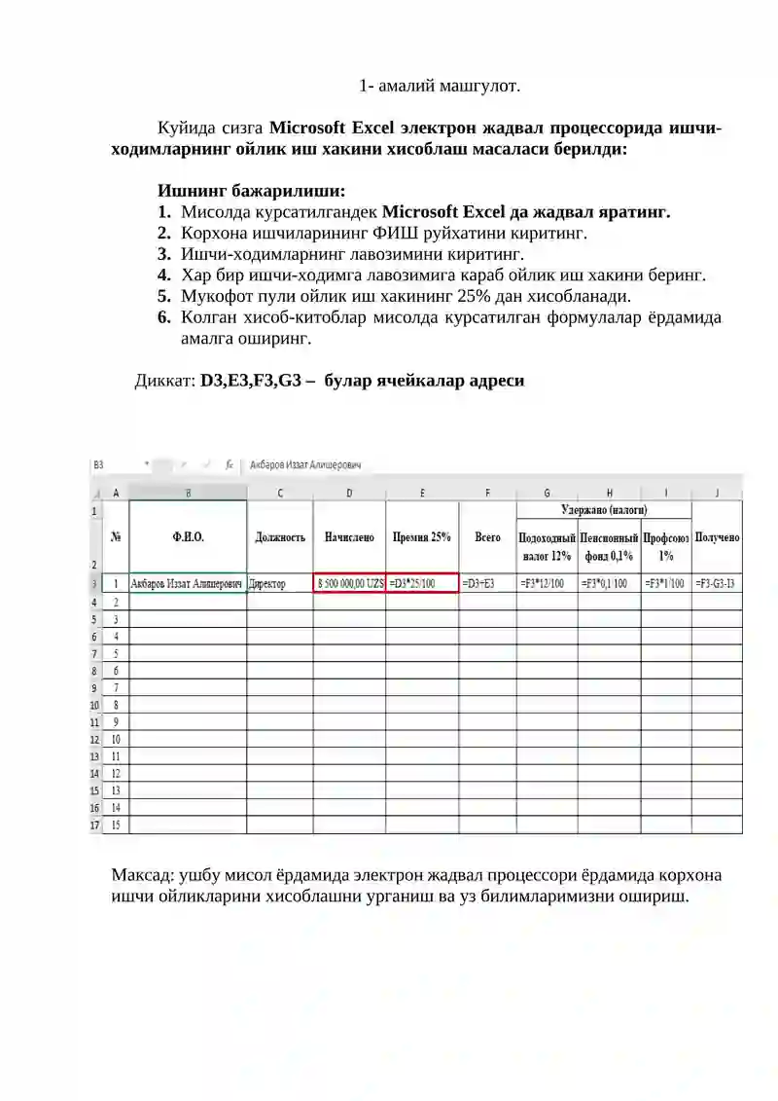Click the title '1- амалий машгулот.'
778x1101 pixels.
440,86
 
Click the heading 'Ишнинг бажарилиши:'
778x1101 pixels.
251,191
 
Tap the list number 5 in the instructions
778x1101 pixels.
164,296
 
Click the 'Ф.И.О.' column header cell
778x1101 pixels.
188,536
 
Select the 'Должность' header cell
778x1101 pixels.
280,536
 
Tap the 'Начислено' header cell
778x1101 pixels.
349,536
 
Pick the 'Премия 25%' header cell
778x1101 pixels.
422,536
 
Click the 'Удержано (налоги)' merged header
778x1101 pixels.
604,509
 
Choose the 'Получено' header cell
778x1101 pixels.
717,536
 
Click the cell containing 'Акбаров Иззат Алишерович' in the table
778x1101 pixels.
187,584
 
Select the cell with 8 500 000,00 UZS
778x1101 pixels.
350,584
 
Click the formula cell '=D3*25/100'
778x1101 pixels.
422,584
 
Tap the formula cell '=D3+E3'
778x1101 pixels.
486,584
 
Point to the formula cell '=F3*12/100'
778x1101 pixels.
547,584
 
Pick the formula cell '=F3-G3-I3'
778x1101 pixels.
716,584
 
